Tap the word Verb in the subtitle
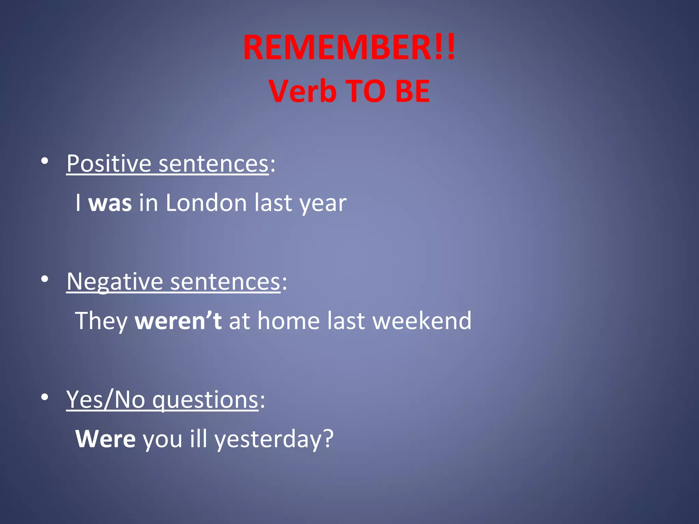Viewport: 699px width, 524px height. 302,91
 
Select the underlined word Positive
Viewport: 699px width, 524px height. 109,164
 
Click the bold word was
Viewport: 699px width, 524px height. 110,203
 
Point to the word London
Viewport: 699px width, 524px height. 206,203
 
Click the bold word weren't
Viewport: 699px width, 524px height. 178,321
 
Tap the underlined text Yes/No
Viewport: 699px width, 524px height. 105,400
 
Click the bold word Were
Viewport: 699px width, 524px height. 105,439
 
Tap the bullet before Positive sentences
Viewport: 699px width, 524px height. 44,161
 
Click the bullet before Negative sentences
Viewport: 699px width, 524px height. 44,279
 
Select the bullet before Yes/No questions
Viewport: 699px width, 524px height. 44,397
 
